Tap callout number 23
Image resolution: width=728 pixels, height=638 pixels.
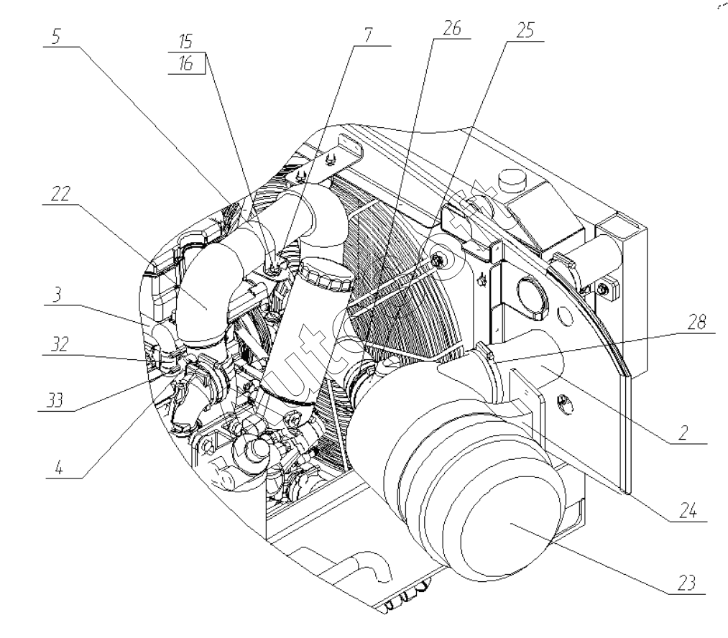(683, 584)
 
